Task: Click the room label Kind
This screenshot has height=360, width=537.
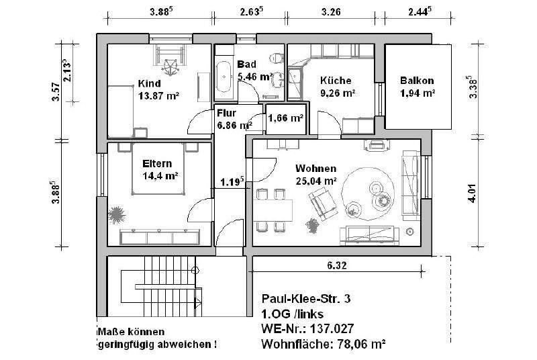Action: pos(149,84)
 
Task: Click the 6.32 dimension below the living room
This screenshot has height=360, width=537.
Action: pos(336,266)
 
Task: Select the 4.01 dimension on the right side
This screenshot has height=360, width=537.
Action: pos(473,195)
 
